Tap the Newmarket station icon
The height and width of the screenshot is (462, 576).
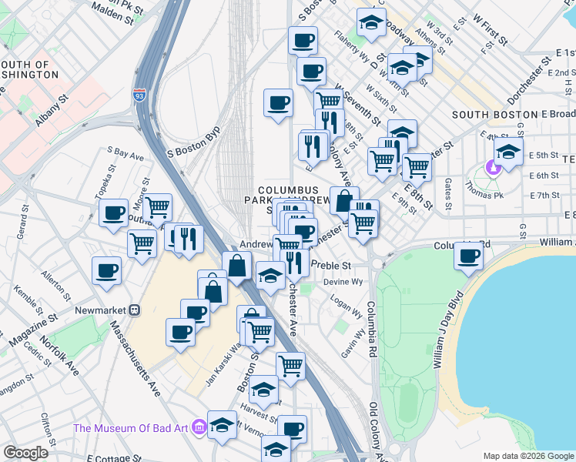click(x=134, y=310)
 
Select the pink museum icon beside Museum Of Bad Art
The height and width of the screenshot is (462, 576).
click(x=199, y=426)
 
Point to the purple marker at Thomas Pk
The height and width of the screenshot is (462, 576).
click(x=490, y=166)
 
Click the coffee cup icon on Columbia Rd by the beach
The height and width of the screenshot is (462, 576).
click(x=468, y=256)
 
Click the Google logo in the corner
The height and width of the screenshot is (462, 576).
click(x=25, y=452)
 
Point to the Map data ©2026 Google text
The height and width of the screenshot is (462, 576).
click(x=527, y=456)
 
